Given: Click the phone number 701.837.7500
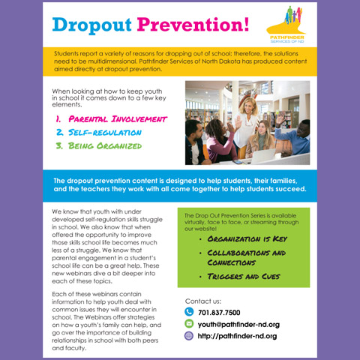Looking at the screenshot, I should [x=219, y=312].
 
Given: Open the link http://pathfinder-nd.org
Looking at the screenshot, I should [x=237, y=336].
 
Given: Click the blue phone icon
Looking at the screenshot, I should [x=189, y=312].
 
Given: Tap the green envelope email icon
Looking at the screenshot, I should [x=189, y=324].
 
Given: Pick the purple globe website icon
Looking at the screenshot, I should [x=189, y=336].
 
